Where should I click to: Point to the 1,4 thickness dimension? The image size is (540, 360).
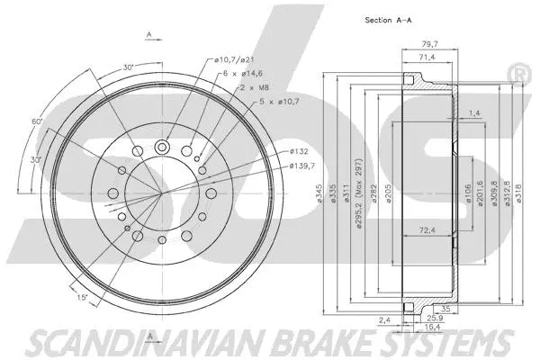473,112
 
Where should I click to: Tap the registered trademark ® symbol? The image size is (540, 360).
519,69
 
